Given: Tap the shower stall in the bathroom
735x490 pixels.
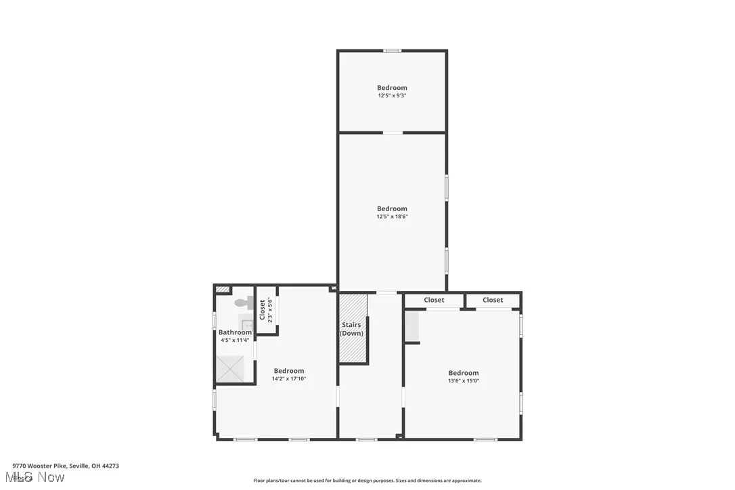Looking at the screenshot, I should point(234,368).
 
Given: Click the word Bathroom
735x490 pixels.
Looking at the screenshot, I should point(235,332).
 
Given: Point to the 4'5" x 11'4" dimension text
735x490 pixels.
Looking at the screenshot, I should point(235,340).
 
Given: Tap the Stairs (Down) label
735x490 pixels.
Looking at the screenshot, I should point(351,329).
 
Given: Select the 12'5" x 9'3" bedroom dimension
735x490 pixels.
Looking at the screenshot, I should point(392,95).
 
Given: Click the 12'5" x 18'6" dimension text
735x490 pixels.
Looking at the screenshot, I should point(392,217).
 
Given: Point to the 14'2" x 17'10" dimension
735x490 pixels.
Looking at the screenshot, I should point(289,379).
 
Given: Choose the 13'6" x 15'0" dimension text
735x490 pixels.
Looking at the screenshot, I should point(463,380).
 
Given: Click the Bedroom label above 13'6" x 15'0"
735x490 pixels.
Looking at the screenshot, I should point(463,373).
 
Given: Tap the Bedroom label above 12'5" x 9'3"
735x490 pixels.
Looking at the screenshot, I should point(392,87).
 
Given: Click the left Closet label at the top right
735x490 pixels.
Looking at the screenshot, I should point(434,300).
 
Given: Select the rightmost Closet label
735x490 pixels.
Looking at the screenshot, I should point(493,300).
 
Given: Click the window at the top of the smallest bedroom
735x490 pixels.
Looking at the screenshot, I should point(392,51).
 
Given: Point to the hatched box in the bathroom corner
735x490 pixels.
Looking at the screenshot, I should point(222,290).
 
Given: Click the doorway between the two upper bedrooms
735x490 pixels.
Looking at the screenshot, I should point(393,133).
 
